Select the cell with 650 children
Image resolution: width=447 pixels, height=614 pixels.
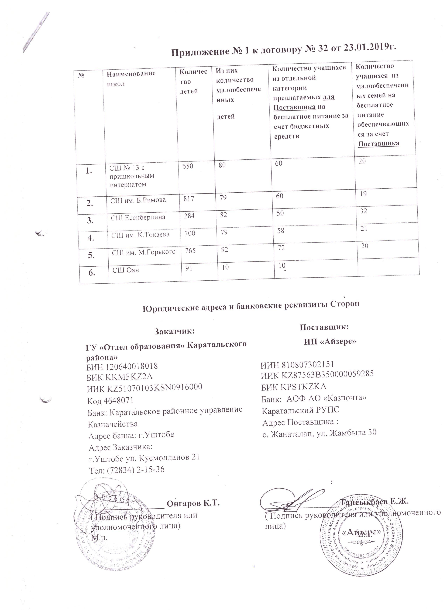(x=188, y=166)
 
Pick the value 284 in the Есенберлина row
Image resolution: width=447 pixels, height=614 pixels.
(x=189, y=216)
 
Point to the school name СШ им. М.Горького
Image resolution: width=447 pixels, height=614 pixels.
(x=144, y=252)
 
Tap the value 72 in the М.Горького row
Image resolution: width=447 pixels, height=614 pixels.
(x=281, y=248)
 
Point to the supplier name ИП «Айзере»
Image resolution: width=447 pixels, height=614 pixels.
(x=330, y=341)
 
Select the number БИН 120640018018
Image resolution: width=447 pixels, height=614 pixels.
(x=122, y=366)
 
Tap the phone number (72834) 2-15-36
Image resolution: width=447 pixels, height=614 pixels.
(x=136, y=470)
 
